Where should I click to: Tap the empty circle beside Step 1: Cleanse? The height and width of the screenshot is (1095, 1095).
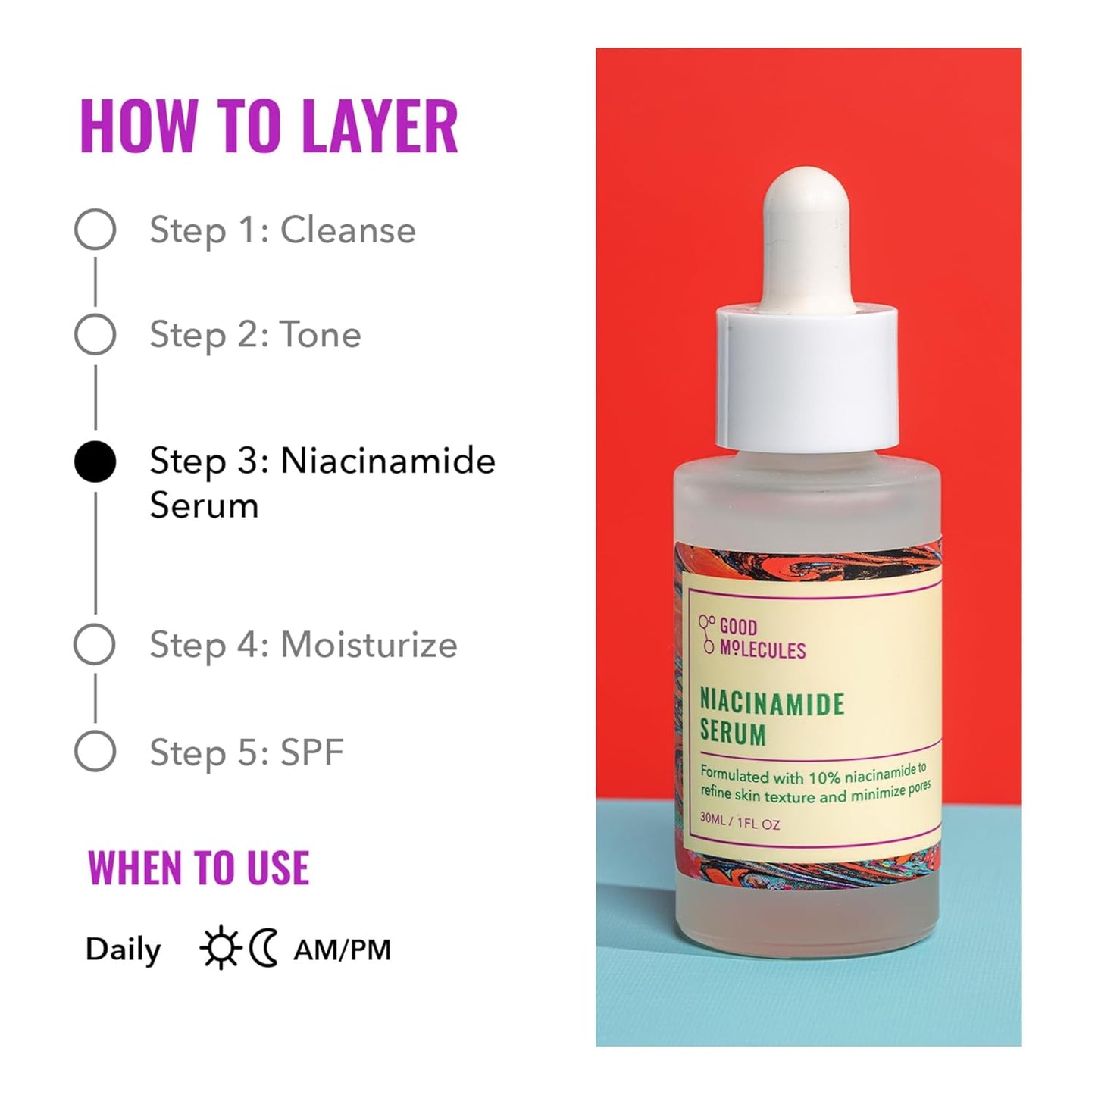[x=95, y=229]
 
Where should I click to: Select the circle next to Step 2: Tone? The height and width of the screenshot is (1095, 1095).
[x=95, y=334]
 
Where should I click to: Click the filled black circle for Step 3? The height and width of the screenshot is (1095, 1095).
[x=95, y=461]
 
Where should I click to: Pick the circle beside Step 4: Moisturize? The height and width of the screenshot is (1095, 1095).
[x=95, y=645]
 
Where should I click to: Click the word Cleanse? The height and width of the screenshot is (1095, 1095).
[x=348, y=230]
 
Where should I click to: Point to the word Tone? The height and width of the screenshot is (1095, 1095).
[x=321, y=334]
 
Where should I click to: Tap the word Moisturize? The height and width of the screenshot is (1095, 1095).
[x=369, y=645]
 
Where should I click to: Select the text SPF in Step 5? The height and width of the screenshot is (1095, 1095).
[x=312, y=752]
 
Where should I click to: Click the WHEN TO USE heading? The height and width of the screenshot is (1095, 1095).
[x=199, y=868]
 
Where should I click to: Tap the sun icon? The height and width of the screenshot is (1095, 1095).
[x=220, y=949]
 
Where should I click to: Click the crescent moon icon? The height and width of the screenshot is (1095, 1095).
[x=264, y=949]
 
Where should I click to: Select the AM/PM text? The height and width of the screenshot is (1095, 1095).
[x=342, y=950]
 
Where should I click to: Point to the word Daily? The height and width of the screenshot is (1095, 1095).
[x=123, y=950]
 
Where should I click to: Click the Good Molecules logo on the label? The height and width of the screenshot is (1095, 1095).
[x=752, y=638]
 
